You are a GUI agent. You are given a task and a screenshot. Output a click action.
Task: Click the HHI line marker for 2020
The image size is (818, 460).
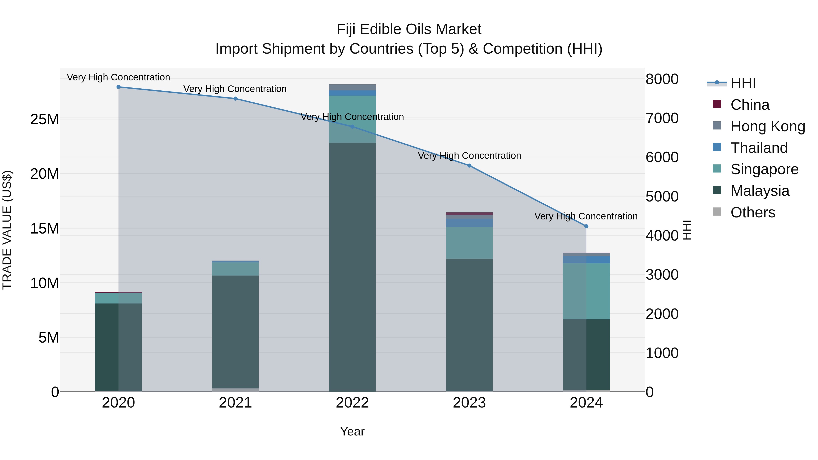118,87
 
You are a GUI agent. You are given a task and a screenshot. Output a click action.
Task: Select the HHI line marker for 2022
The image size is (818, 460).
352,127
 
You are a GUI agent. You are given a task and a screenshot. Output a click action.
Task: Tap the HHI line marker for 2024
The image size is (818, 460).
586,226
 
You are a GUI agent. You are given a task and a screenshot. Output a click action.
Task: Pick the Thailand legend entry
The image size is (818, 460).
759,148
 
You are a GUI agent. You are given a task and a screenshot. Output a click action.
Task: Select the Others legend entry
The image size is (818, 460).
752,212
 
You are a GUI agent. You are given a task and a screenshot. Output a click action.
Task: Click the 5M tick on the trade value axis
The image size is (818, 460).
49,338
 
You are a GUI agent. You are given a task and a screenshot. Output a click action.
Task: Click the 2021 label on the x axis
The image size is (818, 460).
235,403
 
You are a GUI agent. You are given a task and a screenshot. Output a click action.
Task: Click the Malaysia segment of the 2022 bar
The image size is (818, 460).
352,267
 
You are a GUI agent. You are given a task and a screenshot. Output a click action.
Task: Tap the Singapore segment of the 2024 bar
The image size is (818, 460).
586,291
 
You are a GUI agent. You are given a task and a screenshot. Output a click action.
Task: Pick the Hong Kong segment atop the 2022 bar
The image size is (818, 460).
352,87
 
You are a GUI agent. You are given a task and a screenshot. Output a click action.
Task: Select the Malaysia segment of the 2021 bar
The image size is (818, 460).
235,332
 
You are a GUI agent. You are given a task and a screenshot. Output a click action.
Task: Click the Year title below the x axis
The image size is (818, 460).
352,431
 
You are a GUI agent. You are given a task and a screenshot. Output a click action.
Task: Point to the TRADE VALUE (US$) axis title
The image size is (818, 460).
7,230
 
